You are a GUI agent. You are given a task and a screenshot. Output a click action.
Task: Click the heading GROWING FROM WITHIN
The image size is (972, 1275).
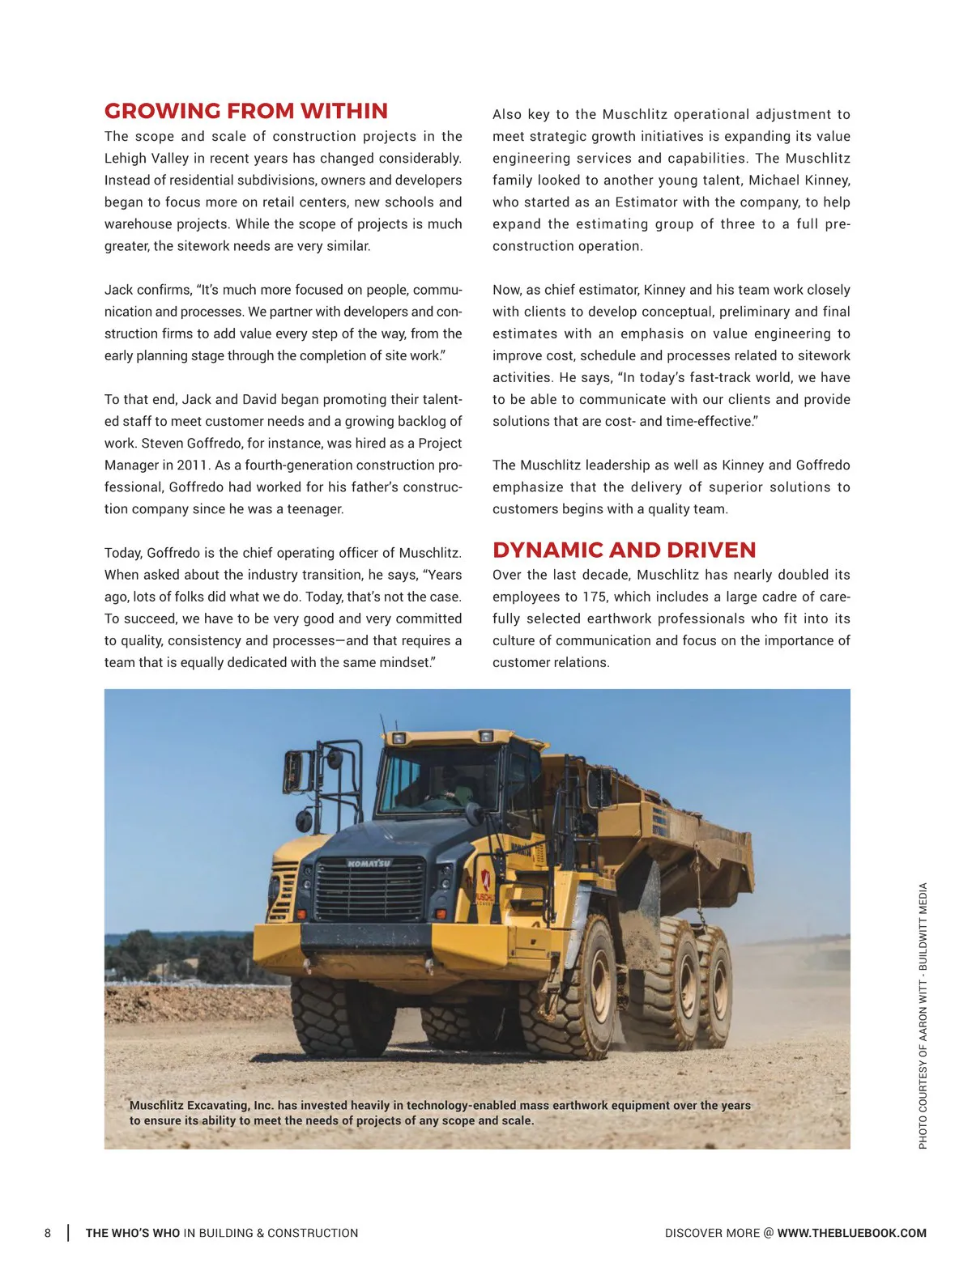(x=245, y=111)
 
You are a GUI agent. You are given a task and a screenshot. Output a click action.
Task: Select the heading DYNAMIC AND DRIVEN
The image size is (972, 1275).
(x=624, y=550)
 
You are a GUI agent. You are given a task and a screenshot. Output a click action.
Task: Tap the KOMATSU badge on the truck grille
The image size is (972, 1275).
(x=369, y=864)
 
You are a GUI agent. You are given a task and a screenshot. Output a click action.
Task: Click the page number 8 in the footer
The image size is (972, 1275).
(x=48, y=1233)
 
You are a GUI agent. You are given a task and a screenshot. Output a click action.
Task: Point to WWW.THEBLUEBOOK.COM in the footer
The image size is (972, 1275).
(x=851, y=1233)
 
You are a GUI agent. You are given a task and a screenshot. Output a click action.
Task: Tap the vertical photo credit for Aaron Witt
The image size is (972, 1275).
(x=923, y=1015)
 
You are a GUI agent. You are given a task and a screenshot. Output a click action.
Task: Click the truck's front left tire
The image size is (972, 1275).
(x=332, y=1016)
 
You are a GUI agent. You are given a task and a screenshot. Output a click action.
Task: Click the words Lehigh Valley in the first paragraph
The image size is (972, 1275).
(x=146, y=159)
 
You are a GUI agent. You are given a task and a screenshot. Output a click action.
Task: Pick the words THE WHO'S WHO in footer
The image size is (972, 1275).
(x=133, y=1233)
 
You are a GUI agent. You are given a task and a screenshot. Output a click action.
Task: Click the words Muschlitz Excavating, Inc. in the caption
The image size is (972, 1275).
(x=201, y=1105)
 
